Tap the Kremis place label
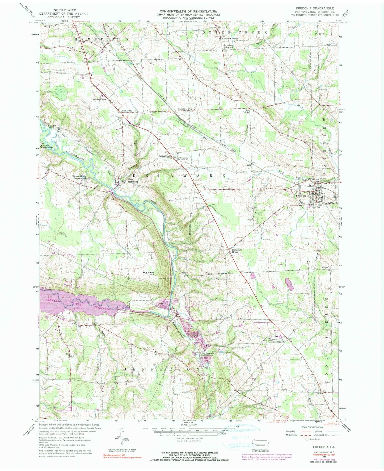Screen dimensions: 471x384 (x=181, y=109)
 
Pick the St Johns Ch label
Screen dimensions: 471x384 (x=183, y=159)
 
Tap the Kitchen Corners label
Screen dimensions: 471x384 (x=230, y=39)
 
